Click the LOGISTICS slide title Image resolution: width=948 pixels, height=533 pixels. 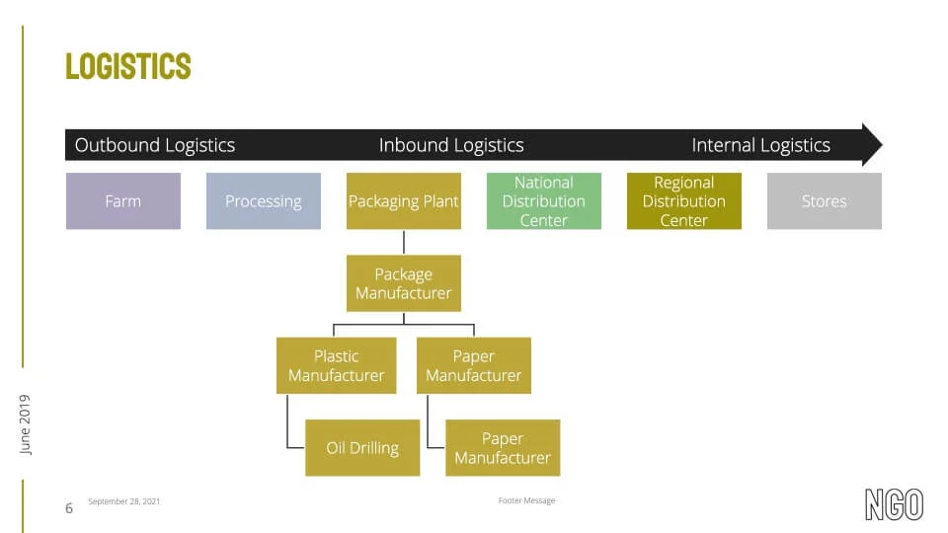(x=128, y=66)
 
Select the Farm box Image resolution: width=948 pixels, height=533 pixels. (x=123, y=201)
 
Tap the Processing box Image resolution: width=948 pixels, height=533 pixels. (x=264, y=201)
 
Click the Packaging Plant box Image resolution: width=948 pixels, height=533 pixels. (x=404, y=201)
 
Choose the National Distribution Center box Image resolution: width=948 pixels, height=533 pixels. (x=544, y=201)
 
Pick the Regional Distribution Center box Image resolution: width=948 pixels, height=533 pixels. (x=684, y=201)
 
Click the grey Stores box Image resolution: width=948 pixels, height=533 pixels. (x=825, y=201)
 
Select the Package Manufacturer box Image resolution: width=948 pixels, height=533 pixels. (x=404, y=283)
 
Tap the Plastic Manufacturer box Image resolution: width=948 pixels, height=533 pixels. (x=336, y=365)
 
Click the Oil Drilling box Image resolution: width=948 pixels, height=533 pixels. (x=362, y=448)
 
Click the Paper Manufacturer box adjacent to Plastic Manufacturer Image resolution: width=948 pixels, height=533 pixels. (x=474, y=365)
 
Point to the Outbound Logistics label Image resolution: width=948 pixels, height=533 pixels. (x=155, y=145)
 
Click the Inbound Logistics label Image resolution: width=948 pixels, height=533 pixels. (x=451, y=145)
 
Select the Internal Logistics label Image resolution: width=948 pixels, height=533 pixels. (x=761, y=145)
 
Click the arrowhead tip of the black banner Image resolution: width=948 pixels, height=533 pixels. (x=882, y=144)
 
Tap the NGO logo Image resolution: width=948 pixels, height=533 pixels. (x=895, y=504)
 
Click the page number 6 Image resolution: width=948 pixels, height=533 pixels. (x=69, y=508)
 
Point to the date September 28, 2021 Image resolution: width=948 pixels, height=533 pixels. (x=124, y=501)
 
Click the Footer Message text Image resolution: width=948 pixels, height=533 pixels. (x=526, y=500)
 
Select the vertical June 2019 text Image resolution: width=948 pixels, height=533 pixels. (x=25, y=424)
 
